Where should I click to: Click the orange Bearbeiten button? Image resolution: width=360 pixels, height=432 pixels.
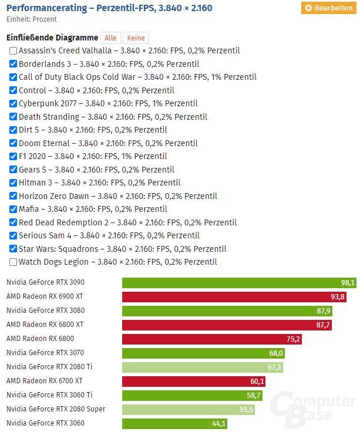[328, 8]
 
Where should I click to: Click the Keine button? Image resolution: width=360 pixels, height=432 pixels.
[136, 38]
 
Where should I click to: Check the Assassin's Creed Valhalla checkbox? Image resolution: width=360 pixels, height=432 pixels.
[13, 51]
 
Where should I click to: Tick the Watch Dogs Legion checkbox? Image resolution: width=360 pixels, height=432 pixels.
[13, 262]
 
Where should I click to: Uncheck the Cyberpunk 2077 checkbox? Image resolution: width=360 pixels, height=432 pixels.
[13, 104]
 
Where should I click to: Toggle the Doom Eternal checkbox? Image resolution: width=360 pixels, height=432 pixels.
[13, 143]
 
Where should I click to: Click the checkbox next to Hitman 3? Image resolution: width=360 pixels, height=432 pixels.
[13, 183]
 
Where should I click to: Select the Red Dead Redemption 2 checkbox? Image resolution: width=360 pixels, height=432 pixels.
[13, 222]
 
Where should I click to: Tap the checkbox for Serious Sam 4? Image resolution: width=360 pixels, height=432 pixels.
[13, 236]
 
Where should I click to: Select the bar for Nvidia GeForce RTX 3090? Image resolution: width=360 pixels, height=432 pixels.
[235, 283]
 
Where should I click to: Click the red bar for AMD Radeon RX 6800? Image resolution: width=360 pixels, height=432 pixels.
[211, 339]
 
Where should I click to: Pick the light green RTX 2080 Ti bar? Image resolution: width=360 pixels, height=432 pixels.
[200, 367]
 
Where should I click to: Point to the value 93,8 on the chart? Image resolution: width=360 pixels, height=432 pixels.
[338, 297]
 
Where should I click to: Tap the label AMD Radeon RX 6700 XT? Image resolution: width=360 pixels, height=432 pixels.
[45, 381]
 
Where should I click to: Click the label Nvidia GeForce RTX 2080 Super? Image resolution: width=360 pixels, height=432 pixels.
[56, 409]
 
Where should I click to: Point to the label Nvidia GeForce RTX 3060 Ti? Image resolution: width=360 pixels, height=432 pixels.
[49, 395]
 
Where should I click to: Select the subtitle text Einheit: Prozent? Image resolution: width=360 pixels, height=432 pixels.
[31, 19]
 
